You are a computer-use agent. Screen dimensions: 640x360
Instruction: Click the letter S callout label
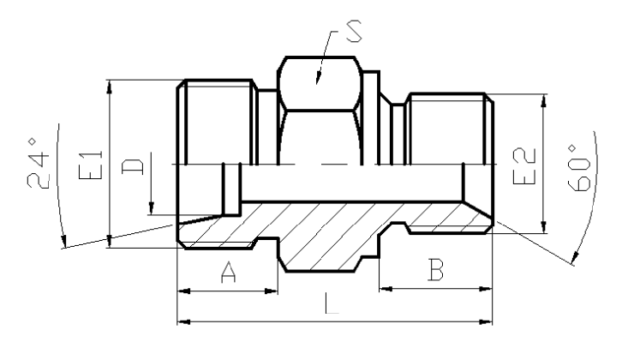[354, 31]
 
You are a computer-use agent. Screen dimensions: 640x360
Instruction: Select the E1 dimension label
[90, 165]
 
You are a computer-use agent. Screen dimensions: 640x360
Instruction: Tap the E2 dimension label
[523, 166]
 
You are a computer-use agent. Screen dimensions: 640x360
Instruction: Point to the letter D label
[133, 166]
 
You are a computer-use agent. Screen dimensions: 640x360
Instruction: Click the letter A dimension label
[228, 273]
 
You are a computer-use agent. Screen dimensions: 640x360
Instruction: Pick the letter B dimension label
[435, 270]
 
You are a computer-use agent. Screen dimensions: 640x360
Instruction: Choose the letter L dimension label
[332, 303]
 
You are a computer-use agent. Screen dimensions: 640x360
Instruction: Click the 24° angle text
[38, 164]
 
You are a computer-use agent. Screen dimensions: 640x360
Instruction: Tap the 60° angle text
[579, 168]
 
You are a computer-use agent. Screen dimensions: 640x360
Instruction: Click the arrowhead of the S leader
[319, 78]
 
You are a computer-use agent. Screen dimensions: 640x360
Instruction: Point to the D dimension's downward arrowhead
[151, 208]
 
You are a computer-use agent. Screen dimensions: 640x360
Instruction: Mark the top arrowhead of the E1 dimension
[109, 87]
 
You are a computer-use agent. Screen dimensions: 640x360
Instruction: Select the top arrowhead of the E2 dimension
[543, 101]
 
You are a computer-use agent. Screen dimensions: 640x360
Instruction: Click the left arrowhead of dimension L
[183, 322]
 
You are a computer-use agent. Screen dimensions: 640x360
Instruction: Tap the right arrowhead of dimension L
[486, 322]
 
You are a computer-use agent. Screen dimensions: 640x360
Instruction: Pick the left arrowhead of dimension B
[386, 289]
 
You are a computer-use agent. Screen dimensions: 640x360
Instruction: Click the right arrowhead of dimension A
[271, 291]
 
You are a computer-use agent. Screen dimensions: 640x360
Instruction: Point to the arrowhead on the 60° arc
[575, 258]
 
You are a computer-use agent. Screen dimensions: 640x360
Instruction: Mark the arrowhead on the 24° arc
[63, 241]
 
